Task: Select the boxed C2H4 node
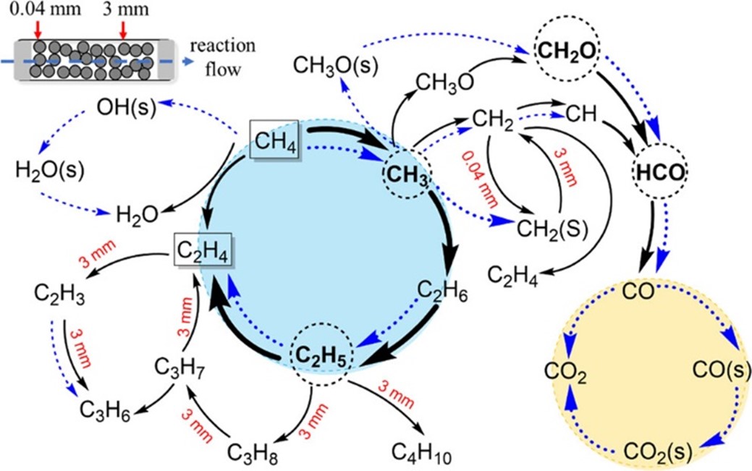click(205, 253)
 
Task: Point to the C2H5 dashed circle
click(321, 355)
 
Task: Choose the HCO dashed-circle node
click(660, 171)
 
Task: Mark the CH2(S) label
click(552, 229)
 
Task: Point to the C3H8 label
click(253, 454)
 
